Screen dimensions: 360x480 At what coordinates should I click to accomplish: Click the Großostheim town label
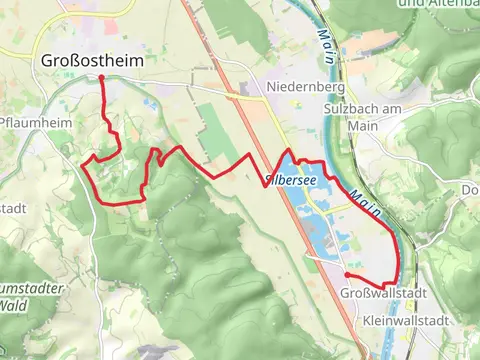(93, 61)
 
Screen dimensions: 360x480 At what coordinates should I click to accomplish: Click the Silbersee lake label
(289, 181)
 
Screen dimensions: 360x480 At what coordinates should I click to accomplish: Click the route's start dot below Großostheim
(102, 77)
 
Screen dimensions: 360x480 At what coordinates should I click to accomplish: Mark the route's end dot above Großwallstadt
(347, 274)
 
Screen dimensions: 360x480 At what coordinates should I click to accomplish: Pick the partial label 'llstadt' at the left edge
(14, 208)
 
